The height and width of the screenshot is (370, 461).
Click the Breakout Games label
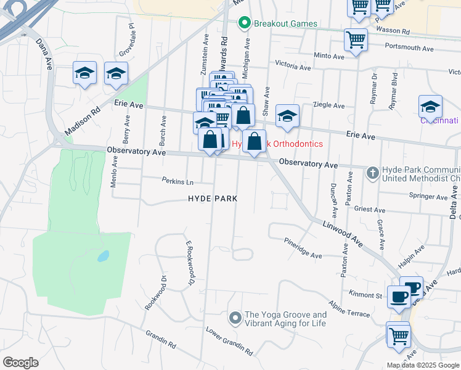point(285,24)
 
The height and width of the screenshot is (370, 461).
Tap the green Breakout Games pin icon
point(244,24)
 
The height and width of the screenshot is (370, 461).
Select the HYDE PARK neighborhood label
point(213,199)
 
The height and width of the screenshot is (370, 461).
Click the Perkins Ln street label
point(178,183)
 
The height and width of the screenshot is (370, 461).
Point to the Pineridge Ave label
point(303,247)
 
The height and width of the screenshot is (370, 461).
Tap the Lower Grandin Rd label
point(229,341)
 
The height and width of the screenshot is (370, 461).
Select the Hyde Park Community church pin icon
point(372,173)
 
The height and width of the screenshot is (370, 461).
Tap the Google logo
point(20,363)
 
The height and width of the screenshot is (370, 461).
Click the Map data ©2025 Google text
point(423,365)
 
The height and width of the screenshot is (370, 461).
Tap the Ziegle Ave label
point(329,105)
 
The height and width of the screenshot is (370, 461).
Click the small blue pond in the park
point(104,255)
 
